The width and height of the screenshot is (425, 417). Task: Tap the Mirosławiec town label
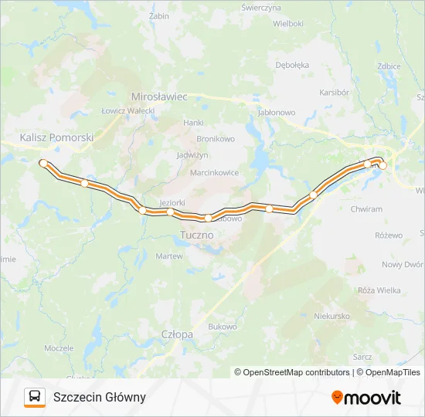tap(160, 97)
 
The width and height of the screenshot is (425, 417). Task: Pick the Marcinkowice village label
tap(214, 172)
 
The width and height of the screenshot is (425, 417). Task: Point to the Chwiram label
tap(365, 208)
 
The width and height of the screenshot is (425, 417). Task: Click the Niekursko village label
tap(332, 316)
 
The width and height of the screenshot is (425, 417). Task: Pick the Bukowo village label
tap(222, 327)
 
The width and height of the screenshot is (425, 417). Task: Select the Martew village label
tap(169, 256)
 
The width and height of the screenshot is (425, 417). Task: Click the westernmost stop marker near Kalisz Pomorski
tap(43, 163)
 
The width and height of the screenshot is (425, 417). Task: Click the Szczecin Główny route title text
tap(100, 397)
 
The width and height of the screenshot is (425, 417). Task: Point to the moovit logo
tap(366, 398)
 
